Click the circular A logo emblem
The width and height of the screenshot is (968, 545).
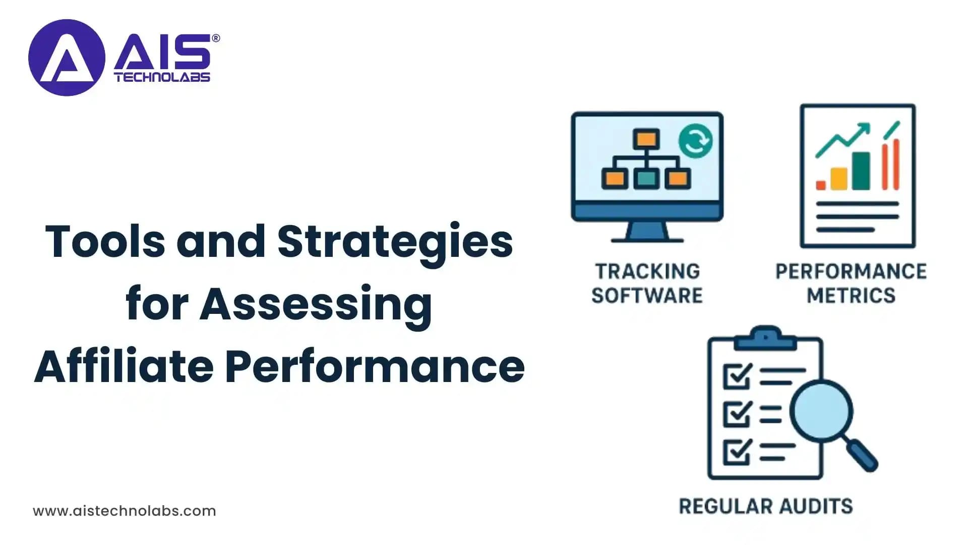pos(67,58)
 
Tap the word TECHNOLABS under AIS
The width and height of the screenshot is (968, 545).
pos(162,77)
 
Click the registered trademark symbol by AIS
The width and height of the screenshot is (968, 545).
pos(216,38)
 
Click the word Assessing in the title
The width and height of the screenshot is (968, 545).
pos(316,305)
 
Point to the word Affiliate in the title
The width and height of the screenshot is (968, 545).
pos(124,367)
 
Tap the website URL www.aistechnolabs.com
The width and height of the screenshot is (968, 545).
pos(125,511)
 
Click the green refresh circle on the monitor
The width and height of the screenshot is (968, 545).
pos(695,141)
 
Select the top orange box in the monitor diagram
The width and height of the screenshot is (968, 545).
pos(646,139)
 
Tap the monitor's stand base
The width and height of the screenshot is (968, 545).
pos(647,238)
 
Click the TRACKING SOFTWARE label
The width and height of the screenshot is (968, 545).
pos(647,283)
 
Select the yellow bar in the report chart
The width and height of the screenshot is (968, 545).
pos(839,179)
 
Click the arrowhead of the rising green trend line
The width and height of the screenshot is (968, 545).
pos(865,128)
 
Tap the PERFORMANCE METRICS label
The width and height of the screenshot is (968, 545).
pos(851,283)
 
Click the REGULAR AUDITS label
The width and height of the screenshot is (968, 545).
pos(765,506)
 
